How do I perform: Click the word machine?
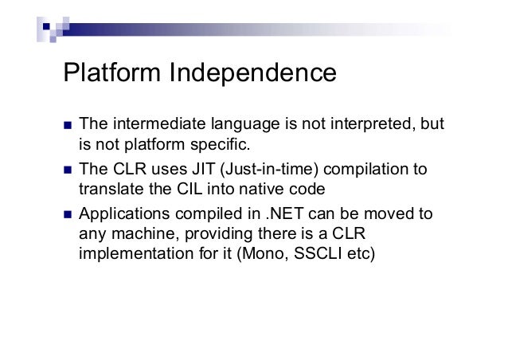click(x=138, y=236)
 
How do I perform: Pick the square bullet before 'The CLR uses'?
click(x=67, y=170)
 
